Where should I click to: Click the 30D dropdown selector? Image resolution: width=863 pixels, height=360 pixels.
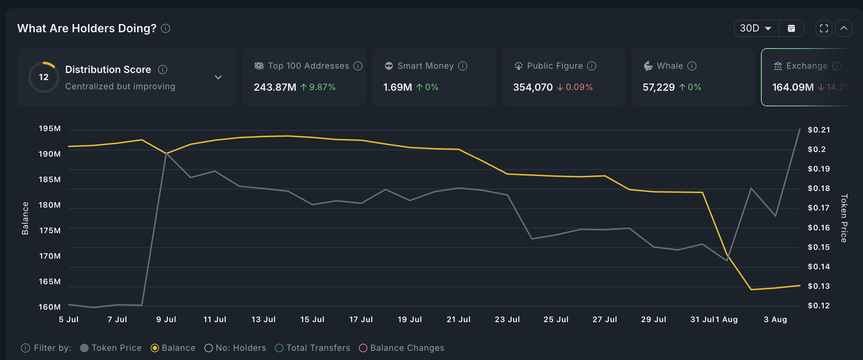tap(756, 28)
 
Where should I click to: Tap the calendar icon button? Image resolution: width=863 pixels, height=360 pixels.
tap(791, 28)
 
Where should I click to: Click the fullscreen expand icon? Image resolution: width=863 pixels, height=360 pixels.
tap(824, 28)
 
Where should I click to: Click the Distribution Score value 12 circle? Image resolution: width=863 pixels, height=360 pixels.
tap(44, 77)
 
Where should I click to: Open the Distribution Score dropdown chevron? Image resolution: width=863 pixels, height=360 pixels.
tap(218, 77)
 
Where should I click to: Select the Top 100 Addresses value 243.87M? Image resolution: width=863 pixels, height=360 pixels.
tap(275, 87)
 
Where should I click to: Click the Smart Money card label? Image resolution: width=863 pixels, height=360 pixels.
tap(425, 66)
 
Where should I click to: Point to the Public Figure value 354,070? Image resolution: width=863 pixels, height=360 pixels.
tap(532, 87)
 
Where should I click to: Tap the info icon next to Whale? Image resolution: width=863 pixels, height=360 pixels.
tap(692, 66)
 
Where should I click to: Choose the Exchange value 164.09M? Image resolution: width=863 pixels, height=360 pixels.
tap(793, 87)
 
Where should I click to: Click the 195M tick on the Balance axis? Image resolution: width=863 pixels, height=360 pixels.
tap(50, 129)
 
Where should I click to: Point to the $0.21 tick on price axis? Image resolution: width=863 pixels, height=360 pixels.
tap(818, 130)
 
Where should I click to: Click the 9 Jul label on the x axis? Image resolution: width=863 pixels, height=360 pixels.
tap(166, 319)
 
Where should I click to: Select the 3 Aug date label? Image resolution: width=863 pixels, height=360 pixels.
tap(775, 319)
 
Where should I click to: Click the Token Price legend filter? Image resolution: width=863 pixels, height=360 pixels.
tap(111, 348)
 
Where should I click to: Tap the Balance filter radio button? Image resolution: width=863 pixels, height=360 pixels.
tap(155, 348)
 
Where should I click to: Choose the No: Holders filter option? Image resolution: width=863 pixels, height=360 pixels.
tap(235, 348)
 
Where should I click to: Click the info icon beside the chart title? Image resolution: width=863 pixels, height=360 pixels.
tap(165, 28)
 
